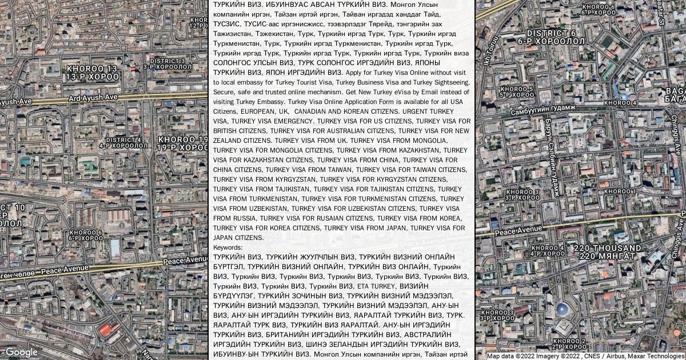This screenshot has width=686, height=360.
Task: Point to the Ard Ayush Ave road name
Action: (93, 98)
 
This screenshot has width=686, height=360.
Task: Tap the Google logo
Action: (21, 352)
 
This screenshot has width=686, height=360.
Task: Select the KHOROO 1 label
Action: (620, 191)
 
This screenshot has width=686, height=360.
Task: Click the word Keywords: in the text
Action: (228, 247)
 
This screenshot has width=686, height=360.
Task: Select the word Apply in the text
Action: (356, 73)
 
